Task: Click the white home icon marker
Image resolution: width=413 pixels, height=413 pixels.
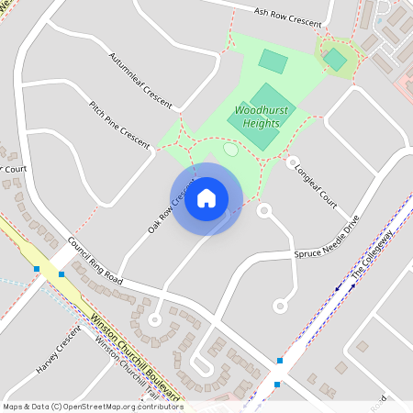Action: (x=206, y=197)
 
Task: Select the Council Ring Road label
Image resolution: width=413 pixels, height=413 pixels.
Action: (x=95, y=261)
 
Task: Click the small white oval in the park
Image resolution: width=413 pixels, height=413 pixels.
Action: (x=230, y=149)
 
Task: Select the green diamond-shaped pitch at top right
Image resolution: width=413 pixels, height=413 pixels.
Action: (x=335, y=60)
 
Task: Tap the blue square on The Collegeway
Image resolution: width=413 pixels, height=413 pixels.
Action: (x=277, y=385)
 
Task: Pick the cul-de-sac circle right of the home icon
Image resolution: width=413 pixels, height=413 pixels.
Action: (x=264, y=210)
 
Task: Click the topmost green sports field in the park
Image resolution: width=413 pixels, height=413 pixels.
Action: (x=273, y=61)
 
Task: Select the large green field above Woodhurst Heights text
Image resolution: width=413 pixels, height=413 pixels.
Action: (x=273, y=97)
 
